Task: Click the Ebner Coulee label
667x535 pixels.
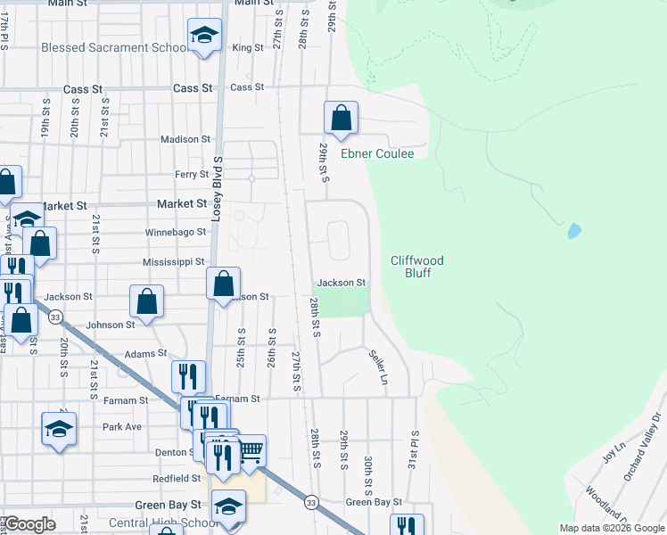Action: pos(377,154)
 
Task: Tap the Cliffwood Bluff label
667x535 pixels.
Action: pos(417,267)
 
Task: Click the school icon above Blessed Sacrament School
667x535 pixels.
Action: pos(204,37)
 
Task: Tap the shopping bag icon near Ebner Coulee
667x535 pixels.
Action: pos(341,117)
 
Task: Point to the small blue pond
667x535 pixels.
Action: pos(573,232)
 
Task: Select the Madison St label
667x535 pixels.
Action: pos(185,139)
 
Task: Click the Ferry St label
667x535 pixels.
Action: pos(191,175)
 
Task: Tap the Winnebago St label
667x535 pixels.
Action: pos(175,232)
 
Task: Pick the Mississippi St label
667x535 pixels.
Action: pos(174,262)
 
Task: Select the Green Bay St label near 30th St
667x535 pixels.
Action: pos(374,503)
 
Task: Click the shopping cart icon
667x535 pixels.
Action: pos(251,450)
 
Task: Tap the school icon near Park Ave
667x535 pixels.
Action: pos(59,428)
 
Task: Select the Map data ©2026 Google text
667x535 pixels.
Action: pos(611,528)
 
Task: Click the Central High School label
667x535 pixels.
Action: pos(163,523)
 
